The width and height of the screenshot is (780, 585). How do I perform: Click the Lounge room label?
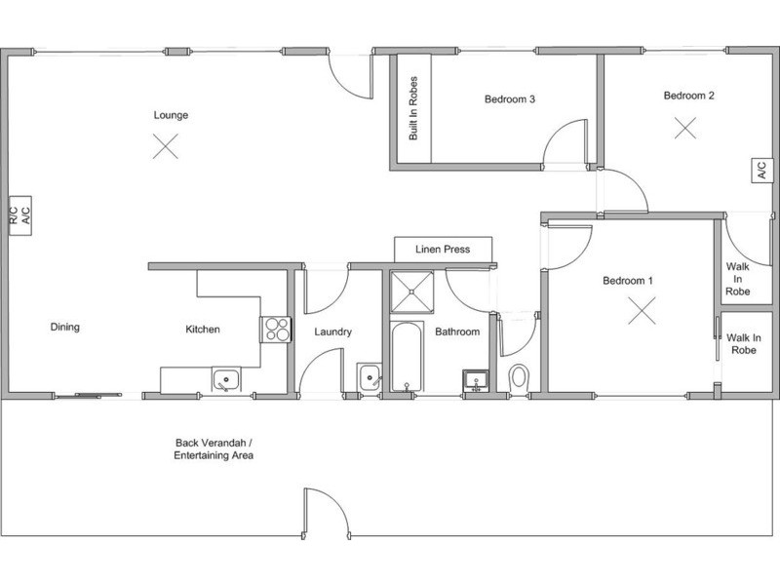tap(171, 115)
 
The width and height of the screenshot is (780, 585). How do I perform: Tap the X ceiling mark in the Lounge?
tap(166, 146)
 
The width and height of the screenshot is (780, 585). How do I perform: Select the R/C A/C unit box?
tap(20, 215)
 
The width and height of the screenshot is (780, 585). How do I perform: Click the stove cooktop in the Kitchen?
tap(276, 330)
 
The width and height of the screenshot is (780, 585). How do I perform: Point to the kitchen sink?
tap(226, 380)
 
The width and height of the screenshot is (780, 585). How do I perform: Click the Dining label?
tap(65, 327)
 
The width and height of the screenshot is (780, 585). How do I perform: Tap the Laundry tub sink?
tap(370, 377)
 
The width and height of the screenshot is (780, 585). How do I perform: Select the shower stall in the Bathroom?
tap(411, 292)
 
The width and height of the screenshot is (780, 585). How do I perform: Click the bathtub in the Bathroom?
tap(407, 357)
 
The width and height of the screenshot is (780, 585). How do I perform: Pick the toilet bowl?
tap(520, 377)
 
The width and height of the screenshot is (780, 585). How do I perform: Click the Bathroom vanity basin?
tap(476, 381)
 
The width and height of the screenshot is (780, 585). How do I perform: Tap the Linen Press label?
tap(443, 250)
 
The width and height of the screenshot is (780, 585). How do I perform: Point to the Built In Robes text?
tap(413, 108)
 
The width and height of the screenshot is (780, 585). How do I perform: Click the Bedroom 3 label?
tap(510, 99)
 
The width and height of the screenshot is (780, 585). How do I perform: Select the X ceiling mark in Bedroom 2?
tap(685, 128)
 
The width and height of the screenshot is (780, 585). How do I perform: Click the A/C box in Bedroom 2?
tap(762, 170)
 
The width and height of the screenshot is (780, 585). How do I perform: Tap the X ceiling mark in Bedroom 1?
tap(642, 310)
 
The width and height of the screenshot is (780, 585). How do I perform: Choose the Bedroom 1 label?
tap(628, 281)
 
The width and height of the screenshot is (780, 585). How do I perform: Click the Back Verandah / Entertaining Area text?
tap(214, 449)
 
